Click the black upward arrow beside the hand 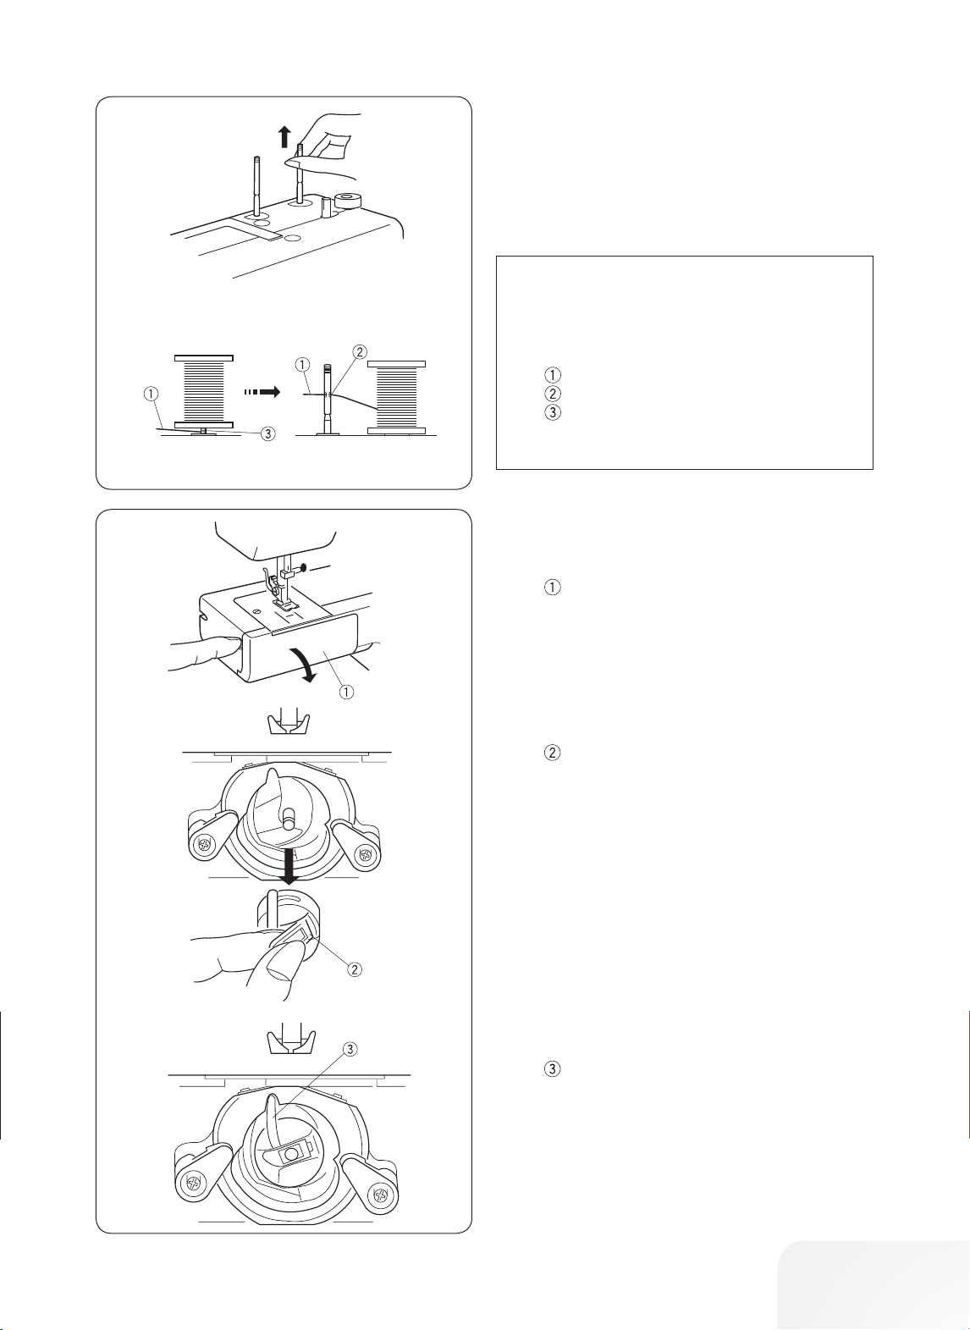(285, 136)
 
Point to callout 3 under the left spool (268, 433)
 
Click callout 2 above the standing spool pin (359, 352)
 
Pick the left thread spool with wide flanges (204, 391)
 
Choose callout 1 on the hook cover (346, 692)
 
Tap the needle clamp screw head (304, 567)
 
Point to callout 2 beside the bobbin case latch (354, 969)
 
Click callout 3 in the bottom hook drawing (350, 1049)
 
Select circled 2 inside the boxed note (552, 393)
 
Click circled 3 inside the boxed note (552, 412)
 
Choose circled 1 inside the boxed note (552, 375)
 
